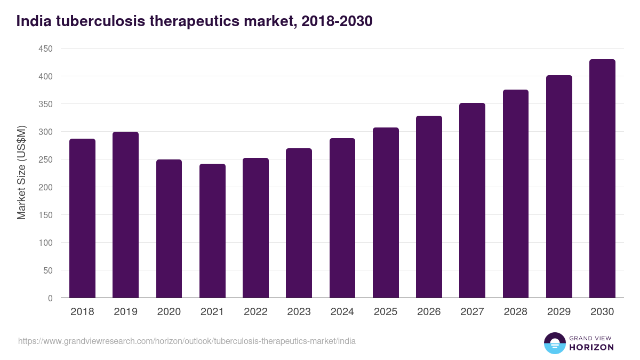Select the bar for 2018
click(82, 219)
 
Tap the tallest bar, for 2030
click(602, 179)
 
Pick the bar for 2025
click(386, 213)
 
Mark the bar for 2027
click(472, 201)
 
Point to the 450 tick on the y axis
click(45, 49)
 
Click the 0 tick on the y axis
click(50, 298)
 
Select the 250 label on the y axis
click(45, 159)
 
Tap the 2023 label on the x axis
click(299, 312)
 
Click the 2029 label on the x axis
click(559, 312)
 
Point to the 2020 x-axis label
click(169, 312)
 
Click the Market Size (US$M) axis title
click(21, 173)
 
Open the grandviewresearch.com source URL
click(187, 341)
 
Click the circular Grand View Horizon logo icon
click(554, 343)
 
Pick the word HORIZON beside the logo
click(591, 347)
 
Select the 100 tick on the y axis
click(45, 243)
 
